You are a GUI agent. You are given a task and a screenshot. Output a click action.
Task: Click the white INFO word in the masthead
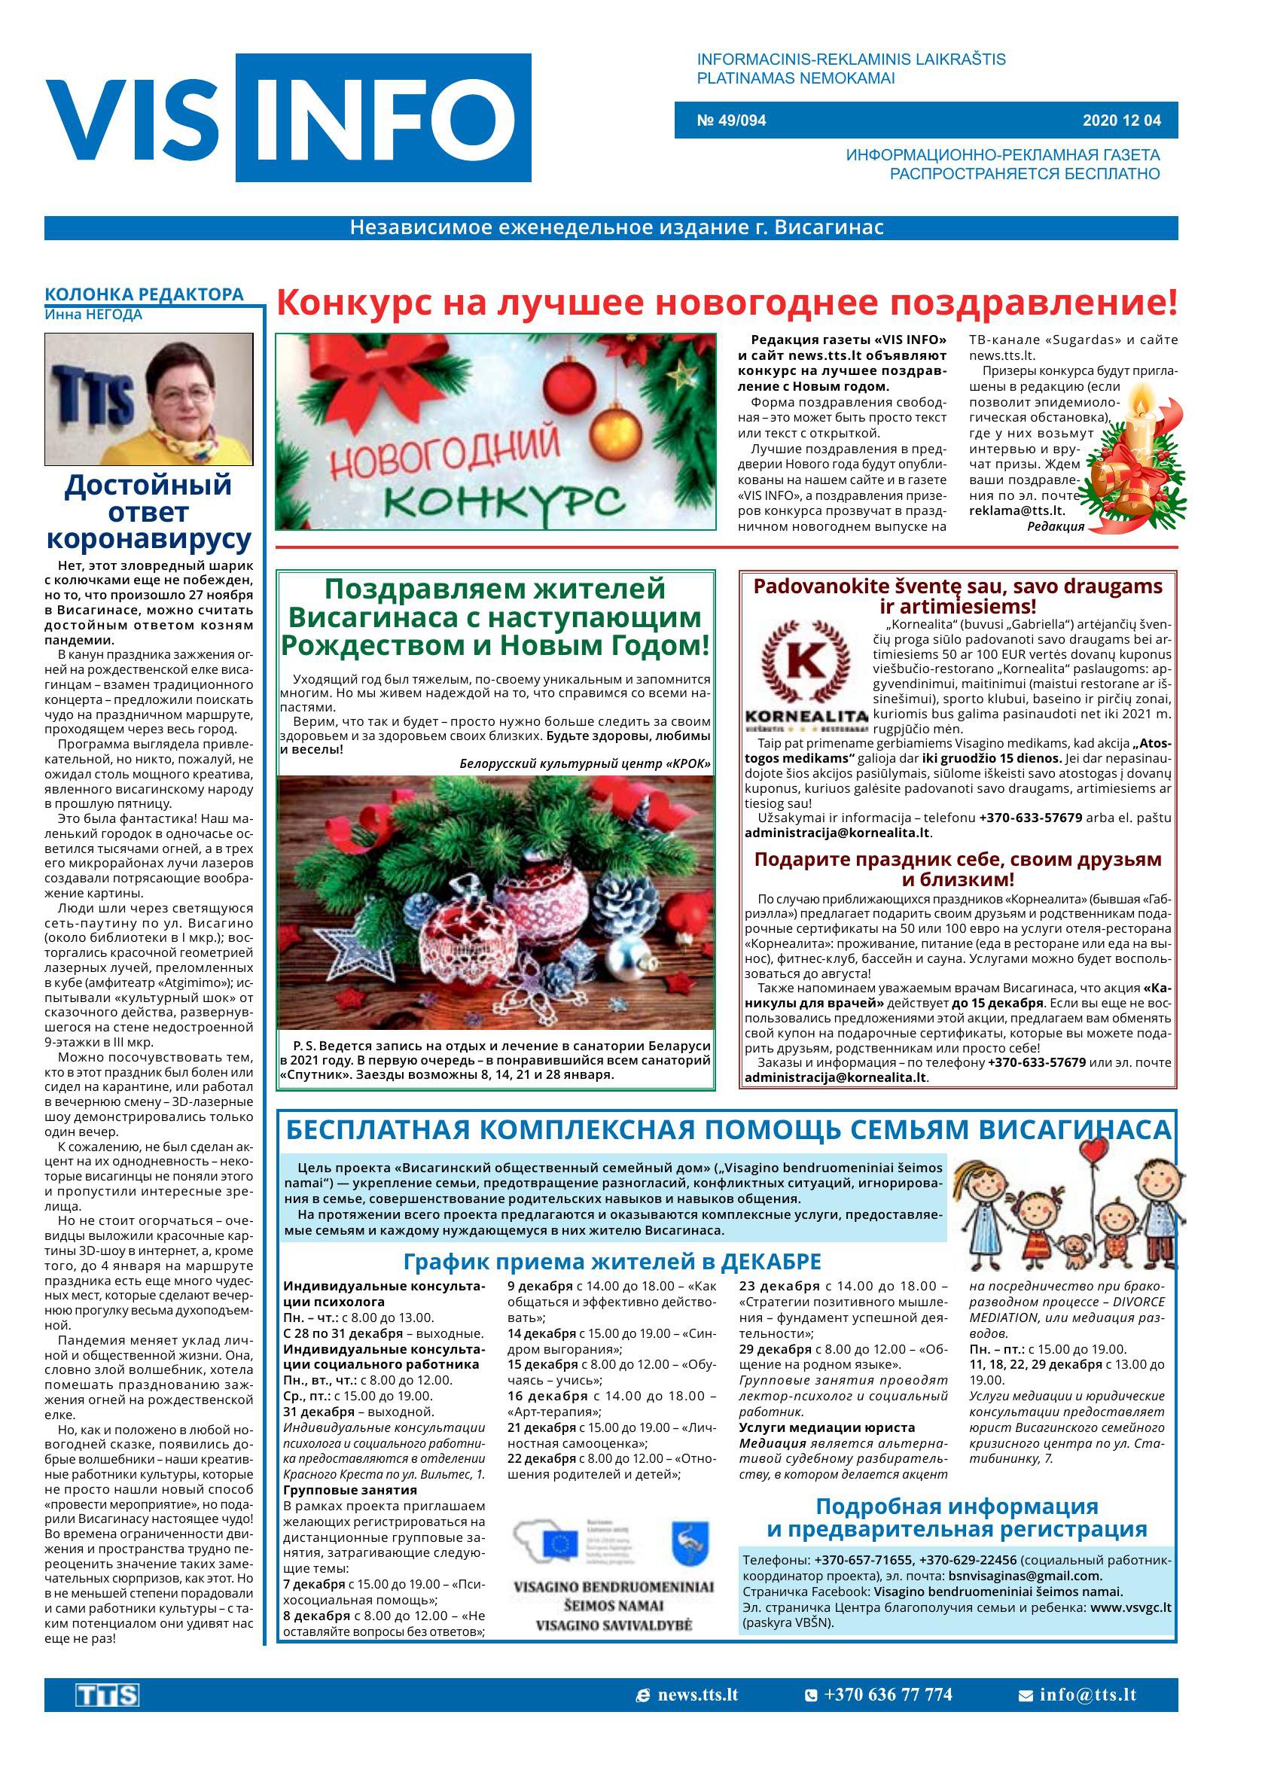[383, 119]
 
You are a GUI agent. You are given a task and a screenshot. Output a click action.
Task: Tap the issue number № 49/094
[731, 120]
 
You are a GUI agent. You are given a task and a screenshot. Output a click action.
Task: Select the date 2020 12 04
[1121, 120]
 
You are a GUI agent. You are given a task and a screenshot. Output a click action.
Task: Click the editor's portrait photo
[148, 399]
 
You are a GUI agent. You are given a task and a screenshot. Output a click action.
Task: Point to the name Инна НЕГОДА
[93, 315]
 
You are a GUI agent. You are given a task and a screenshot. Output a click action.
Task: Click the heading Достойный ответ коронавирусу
[148, 512]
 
